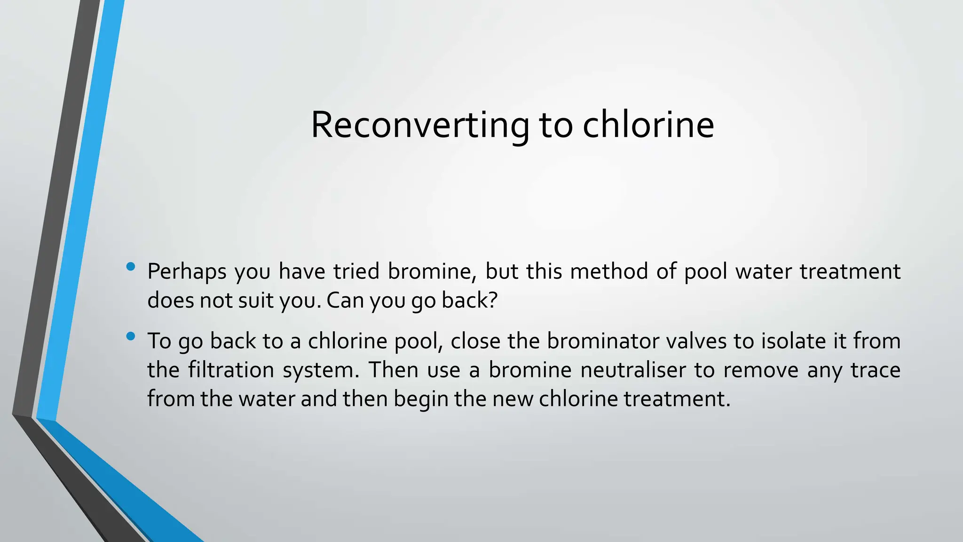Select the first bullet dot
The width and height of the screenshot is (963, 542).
pyautogui.click(x=131, y=267)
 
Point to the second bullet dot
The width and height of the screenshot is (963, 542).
pyautogui.click(x=131, y=336)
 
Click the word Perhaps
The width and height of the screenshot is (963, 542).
pyautogui.click(x=187, y=272)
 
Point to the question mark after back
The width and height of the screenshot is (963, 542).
pyautogui.click(x=493, y=300)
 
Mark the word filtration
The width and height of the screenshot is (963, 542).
pyautogui.click(x=231, y=370)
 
